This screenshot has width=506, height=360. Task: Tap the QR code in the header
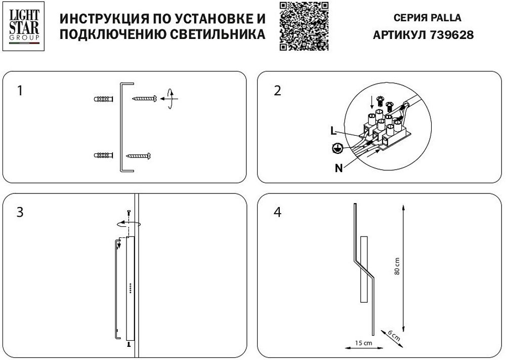click(x=304, y=26)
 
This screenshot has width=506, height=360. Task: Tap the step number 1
click(x=20, y=91)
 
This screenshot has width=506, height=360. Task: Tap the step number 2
click(x=277, y=91)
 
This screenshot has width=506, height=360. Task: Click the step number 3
click(x=20, y=212)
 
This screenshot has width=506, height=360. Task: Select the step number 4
click(x=277, y=212)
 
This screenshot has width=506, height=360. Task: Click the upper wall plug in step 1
click(x=104, y=99)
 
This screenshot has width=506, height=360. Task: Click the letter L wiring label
click(x=332, y=131)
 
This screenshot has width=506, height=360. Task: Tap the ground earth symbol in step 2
click(x=336, y=148)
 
